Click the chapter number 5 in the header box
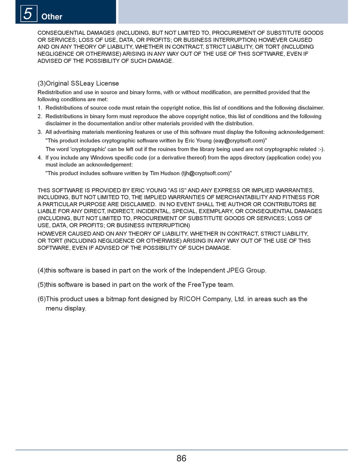(x=28, y=14)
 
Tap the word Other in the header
(x=52, y=17)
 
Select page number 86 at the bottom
(x=181, y=458)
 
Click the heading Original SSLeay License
(x=82, y=83)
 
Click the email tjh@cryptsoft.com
(x=205, y=173)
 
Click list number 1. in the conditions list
(x=40, y=108)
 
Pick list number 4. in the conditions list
(x=40, y=158)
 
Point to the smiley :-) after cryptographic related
(x=321, y=149)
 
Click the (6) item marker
(x=41, y=299)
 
